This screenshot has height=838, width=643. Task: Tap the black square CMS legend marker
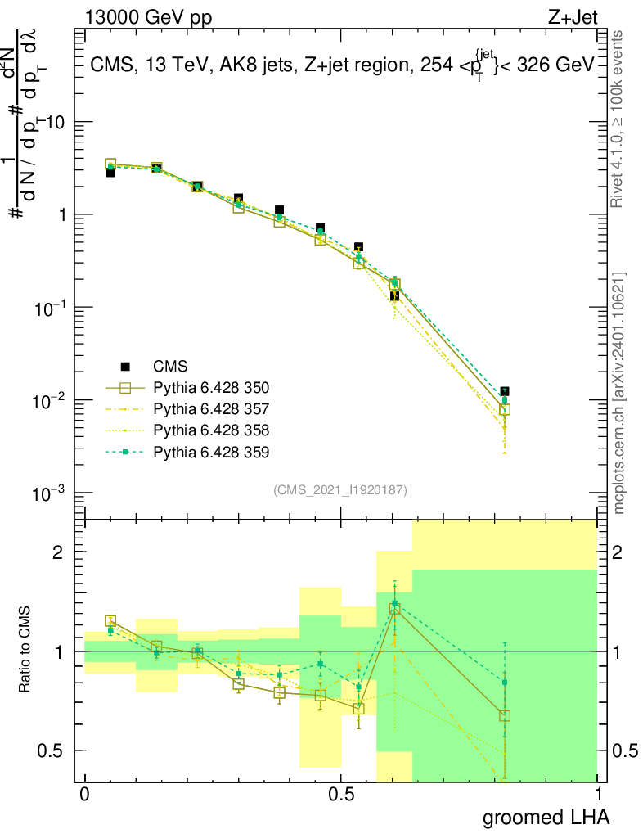click(x=125, y=366)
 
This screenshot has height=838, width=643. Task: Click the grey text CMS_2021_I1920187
click(x=340, y=489)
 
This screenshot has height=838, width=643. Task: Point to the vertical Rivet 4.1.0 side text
click(x=618, y=119)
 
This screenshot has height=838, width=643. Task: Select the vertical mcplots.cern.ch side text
click(x=618, y=393)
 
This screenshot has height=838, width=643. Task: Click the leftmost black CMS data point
click(x=110, y=173)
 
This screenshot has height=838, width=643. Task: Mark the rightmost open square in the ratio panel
click(x=505, y=715)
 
